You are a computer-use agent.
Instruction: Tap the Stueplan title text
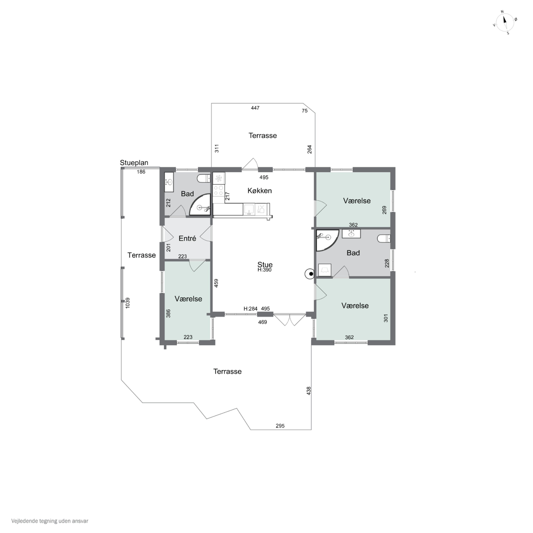pyautogui.click(x=134, y=163)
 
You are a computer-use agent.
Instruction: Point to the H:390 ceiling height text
pyautogui.click(x=264, y=270)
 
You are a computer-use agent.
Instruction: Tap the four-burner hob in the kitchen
pyautogui.click(x=219, y=190)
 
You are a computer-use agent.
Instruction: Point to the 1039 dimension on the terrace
pyautogui.click(x=127, y=303)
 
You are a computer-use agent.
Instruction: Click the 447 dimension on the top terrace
pyautogui.click(x=255, y=108)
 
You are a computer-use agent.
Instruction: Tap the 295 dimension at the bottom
pyautogui.click(x=280, y=426)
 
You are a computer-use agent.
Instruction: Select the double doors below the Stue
pyautogui.click(x=290, y=319)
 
